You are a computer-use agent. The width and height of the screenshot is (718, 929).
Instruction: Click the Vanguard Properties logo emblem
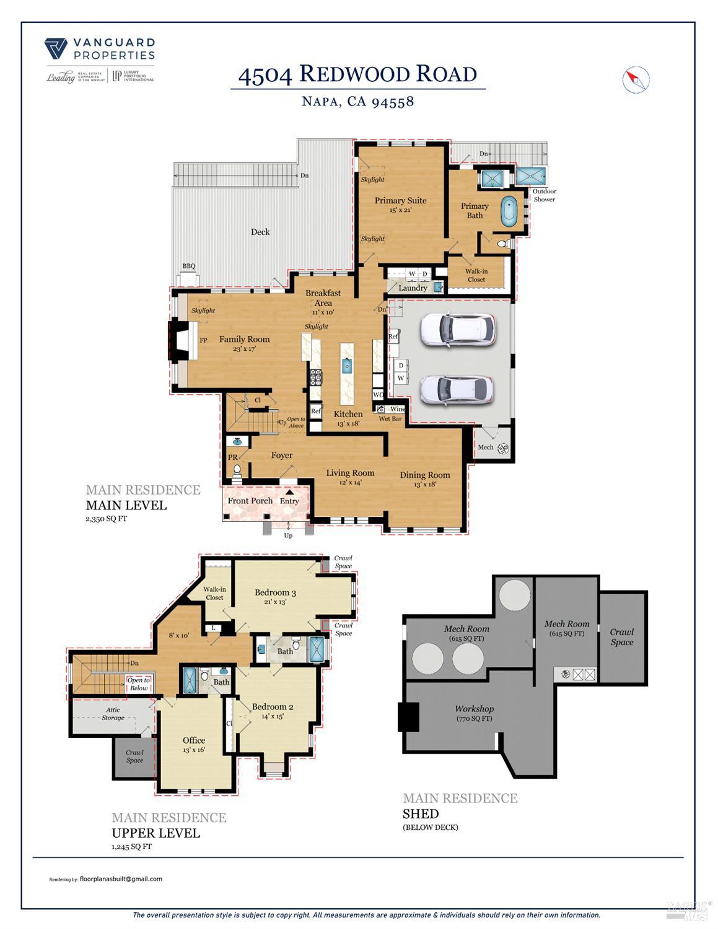pyautogui.click(x=56, y=48)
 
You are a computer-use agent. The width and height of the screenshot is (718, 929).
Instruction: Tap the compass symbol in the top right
pyautogui.click(x=635, y=79)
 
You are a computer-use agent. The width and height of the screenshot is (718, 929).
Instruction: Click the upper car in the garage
pyautogui.click(x=458, y=328)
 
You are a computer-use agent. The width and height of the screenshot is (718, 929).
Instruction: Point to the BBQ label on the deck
pyautogui.click(x=189, y=266)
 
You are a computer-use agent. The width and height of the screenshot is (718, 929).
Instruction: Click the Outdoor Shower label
pyautogui.click(x=545, y=195)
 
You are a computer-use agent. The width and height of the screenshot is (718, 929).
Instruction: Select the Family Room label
pyautogui.click(x=244, y=339)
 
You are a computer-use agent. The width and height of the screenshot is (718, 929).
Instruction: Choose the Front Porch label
pyautogui.click(x=250, y=501)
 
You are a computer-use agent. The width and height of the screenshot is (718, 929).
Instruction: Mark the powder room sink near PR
pyautogui.click(x=235, y=442)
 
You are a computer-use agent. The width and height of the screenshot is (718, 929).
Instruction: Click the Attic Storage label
pyautogui.click(x=113, y=714)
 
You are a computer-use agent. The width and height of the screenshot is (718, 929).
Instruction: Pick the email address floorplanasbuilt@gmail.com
pyautogui.click(x=121, y=879)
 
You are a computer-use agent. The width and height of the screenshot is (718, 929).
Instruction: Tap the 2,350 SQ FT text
pyautogui.click(x=106, y=519)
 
